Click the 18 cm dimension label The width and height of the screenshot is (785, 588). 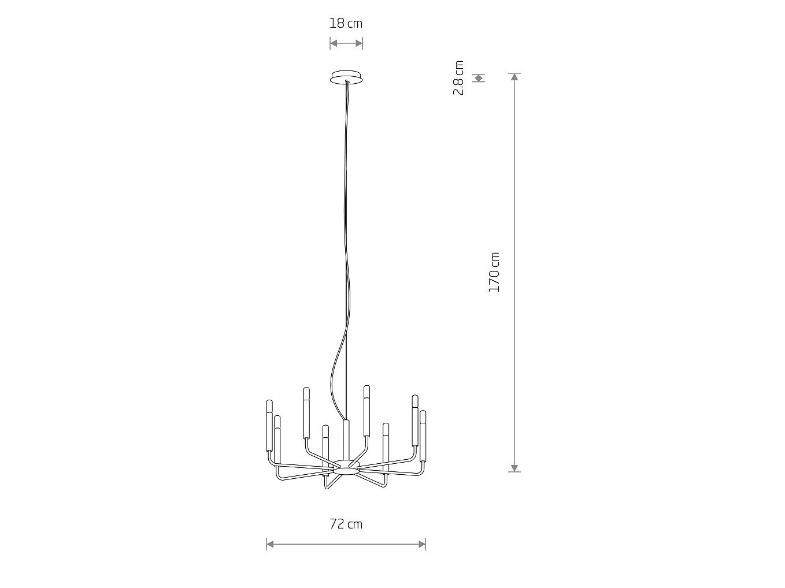[x=346, y=24]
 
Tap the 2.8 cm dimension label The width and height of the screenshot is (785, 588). [x=458, y=77]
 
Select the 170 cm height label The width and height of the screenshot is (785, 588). [x=494, y=272]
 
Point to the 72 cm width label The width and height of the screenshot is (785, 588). [x=346, y=524]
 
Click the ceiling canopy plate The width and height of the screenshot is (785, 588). [x=346, y=77]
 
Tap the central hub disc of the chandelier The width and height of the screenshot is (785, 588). [x=346, y=467]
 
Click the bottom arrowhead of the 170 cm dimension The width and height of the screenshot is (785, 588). [x=514, y=468]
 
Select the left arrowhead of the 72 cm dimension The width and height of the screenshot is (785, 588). [x=271, y=545]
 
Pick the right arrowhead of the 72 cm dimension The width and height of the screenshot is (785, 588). [x=422, y=545]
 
